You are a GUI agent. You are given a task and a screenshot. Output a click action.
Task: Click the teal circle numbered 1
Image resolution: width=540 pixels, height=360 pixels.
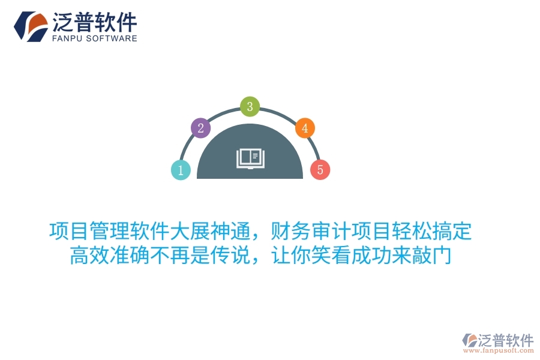coord(181,170)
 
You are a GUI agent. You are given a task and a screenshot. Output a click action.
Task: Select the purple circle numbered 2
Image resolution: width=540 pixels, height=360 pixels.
coord(200,127)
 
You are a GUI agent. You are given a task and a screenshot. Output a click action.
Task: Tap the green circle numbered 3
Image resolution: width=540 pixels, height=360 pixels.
coord(250,107)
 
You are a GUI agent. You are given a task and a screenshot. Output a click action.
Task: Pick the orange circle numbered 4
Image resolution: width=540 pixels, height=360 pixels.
coord(305,128)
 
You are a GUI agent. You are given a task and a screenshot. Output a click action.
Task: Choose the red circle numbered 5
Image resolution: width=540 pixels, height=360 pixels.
coord(320,170)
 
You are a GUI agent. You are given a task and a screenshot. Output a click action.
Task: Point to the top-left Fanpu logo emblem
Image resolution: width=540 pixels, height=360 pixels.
coord(31,26)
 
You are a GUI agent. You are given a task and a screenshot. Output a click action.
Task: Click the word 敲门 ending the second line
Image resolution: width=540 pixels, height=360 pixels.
coord(432,256)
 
